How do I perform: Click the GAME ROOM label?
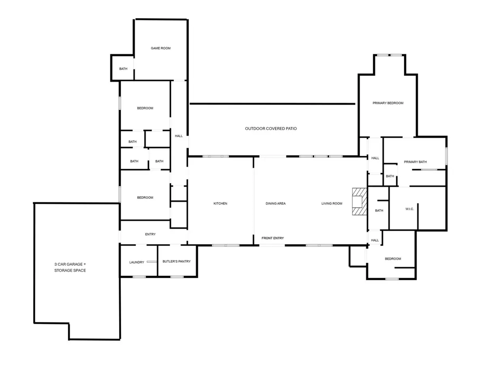161,48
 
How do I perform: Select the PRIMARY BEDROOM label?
388,103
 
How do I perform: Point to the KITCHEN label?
220,204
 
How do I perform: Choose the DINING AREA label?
276,204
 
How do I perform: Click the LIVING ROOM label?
332,204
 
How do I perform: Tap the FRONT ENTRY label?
273,238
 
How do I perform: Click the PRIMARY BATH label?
415,162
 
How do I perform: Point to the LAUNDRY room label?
137,262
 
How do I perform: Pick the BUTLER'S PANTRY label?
177,262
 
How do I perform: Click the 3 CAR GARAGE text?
70,264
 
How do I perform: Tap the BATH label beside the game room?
123,69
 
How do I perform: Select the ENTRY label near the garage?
150,234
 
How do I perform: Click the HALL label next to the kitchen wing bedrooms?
179,136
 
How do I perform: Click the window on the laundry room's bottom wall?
139,277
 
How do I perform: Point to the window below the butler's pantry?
177,277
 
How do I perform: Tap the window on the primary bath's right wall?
447,156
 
